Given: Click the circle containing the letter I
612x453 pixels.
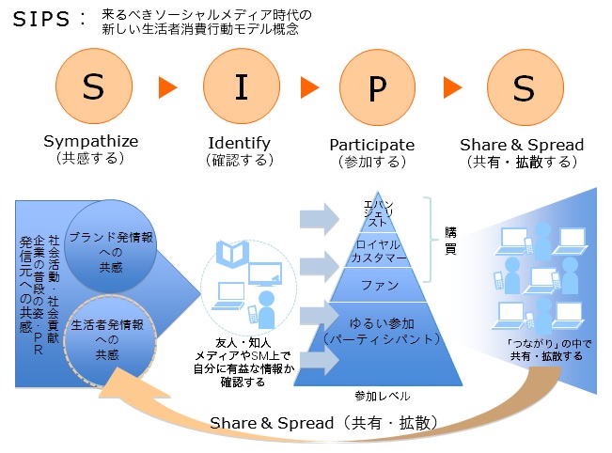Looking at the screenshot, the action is pyautogui.click(x=242, y=86).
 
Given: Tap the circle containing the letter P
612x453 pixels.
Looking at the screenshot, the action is pyautogui.click(x=377, y=87).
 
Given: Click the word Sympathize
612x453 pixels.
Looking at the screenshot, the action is pyautogui.click(x=91, y=142).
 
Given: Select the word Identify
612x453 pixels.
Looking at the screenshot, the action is pyautogui.click(x=240, y=144).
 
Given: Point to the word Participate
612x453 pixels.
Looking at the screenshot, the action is pyautogui.click(x=372, y=145).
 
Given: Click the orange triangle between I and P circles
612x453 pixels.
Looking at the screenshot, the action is pyautogui.click(x=309, y=87).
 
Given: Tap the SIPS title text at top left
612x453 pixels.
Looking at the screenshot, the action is pyautogui.click(x=41, y=19).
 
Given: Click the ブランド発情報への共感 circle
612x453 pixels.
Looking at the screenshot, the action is pyautogui.click(x=110, y=246).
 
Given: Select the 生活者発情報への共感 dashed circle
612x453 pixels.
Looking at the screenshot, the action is pyautogui.click(x=110, y=340).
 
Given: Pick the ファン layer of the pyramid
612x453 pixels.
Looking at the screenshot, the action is pyautogui.click(x=379, y=285).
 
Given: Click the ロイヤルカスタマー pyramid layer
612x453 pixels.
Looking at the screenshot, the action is pyautogui.click(x=378, y=251).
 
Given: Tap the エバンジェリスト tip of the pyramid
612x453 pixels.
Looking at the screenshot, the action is pyautogui.click(x=378, y=212).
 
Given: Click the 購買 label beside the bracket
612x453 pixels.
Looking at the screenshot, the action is pyautogui.click(x=450, y=242).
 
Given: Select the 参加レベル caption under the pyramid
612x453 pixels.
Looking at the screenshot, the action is pyautogui.click(x=382, y=397).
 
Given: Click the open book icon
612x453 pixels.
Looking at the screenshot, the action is pyautogui.click(x=232, y=255).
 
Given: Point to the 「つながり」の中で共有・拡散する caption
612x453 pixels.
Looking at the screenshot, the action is pyautogui.click(x=549, y=350).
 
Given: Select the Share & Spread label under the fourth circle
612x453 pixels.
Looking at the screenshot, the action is pyautogui.click(x=522, y=145).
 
